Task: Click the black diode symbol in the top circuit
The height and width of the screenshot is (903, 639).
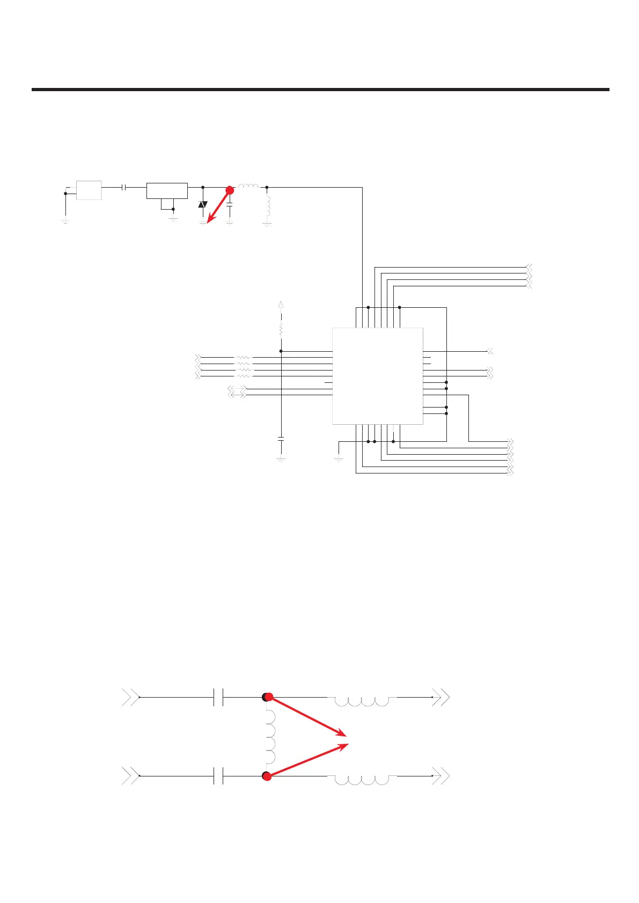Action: (x=203, y=204)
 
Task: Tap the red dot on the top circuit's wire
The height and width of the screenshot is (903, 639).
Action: (x=230, y=190)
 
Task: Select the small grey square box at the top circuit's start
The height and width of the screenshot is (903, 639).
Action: (x=89, y=190)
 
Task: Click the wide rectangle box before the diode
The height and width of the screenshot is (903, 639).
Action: (x=167, y=191)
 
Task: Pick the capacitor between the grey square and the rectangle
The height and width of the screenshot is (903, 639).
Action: (x=124, y=188)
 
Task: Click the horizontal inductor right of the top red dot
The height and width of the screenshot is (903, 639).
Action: (x=248, y=187)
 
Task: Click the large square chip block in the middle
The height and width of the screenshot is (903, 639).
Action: (x=378, y=376)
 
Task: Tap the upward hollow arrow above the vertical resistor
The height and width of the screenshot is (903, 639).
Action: (x=281, y=306)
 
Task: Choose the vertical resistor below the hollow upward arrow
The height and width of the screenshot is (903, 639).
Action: (x=281, y=328)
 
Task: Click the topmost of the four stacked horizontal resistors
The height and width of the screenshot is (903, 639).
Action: (x=244, y=357)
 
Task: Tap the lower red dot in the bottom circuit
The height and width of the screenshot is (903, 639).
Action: (x=267, y=776)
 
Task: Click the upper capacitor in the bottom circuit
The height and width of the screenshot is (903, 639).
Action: (x=218, y=697)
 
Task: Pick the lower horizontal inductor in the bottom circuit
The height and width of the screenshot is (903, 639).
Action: (x=362, y=779)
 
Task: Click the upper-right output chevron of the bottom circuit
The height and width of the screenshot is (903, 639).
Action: (x=442, y=697)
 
